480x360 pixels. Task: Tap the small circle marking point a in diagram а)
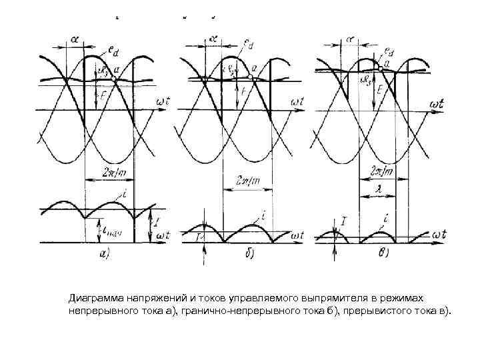click(114, 79)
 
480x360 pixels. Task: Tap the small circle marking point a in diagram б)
click(250, 76)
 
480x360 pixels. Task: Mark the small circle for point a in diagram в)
click(380, 67)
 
